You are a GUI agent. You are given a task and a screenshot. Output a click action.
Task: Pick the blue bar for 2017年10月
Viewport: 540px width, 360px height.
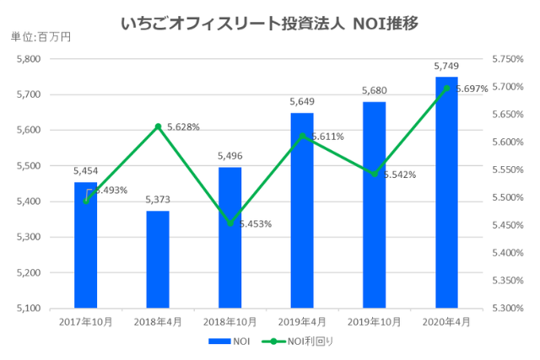coord(85,244)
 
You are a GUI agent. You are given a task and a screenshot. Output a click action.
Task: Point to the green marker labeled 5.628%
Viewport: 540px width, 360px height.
coord(158,126)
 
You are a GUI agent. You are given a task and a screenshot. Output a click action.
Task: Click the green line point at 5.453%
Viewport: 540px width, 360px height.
coord(229,223)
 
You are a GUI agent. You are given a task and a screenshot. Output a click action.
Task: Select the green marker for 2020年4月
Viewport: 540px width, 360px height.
coord(446,88)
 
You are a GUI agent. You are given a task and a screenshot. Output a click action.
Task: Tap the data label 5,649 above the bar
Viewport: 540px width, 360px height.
coord(302,103)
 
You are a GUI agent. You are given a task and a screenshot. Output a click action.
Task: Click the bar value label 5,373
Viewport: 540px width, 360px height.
coord(158,201)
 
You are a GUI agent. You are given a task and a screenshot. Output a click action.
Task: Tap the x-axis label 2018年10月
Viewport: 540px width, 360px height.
coord(229,322)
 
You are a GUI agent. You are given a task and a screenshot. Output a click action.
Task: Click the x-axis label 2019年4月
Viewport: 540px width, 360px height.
coord(302,322)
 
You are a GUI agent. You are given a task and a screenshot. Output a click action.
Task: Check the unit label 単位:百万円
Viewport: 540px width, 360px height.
coord(41,36)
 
